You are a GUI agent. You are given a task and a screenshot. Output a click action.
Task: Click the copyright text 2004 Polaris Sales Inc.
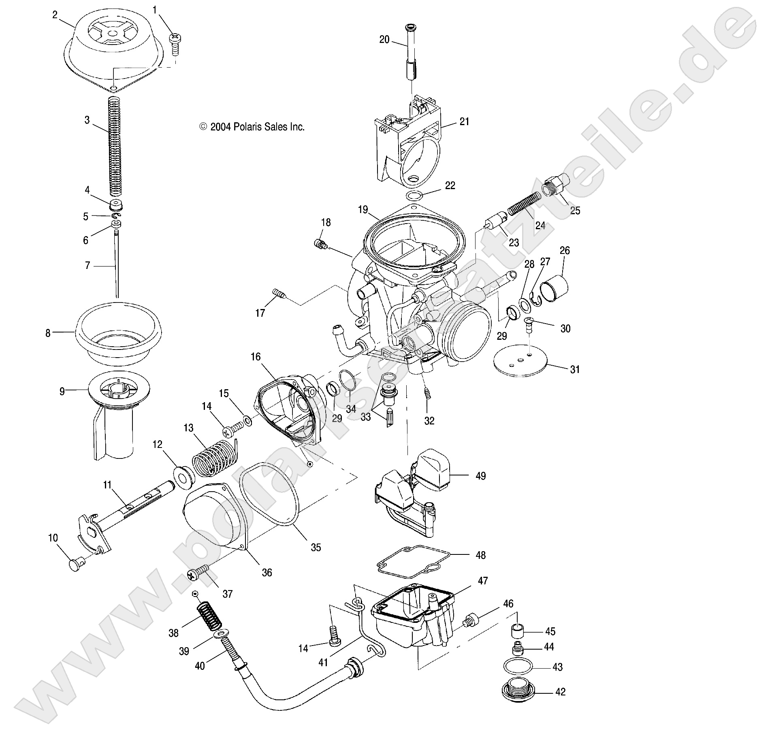point(252,127)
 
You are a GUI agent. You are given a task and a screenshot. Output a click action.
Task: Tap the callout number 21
point(464,121)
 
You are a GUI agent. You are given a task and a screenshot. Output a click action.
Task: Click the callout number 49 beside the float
point(480,476)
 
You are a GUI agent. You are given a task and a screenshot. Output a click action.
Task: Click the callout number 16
point(256,357)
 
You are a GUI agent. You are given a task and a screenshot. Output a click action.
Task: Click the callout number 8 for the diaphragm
point(48,333)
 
